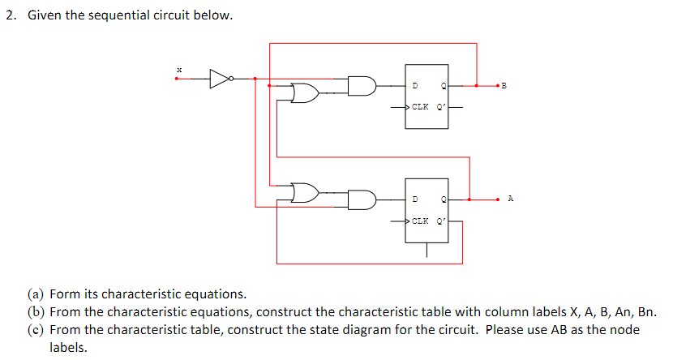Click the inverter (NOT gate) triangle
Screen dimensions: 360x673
[219, 79]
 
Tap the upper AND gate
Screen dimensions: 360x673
[362, 85]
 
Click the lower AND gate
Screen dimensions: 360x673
[362, 199]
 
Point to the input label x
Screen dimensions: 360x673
[178, 71]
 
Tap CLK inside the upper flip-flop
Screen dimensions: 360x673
[421, 106]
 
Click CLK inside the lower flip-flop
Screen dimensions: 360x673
[421, 220]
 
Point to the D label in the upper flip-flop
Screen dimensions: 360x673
[415, 85]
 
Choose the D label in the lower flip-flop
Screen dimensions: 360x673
[415, 199]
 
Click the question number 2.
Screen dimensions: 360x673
[10, 16]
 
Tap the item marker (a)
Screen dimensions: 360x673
[36, 294]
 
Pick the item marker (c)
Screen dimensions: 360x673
[36, 330]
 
